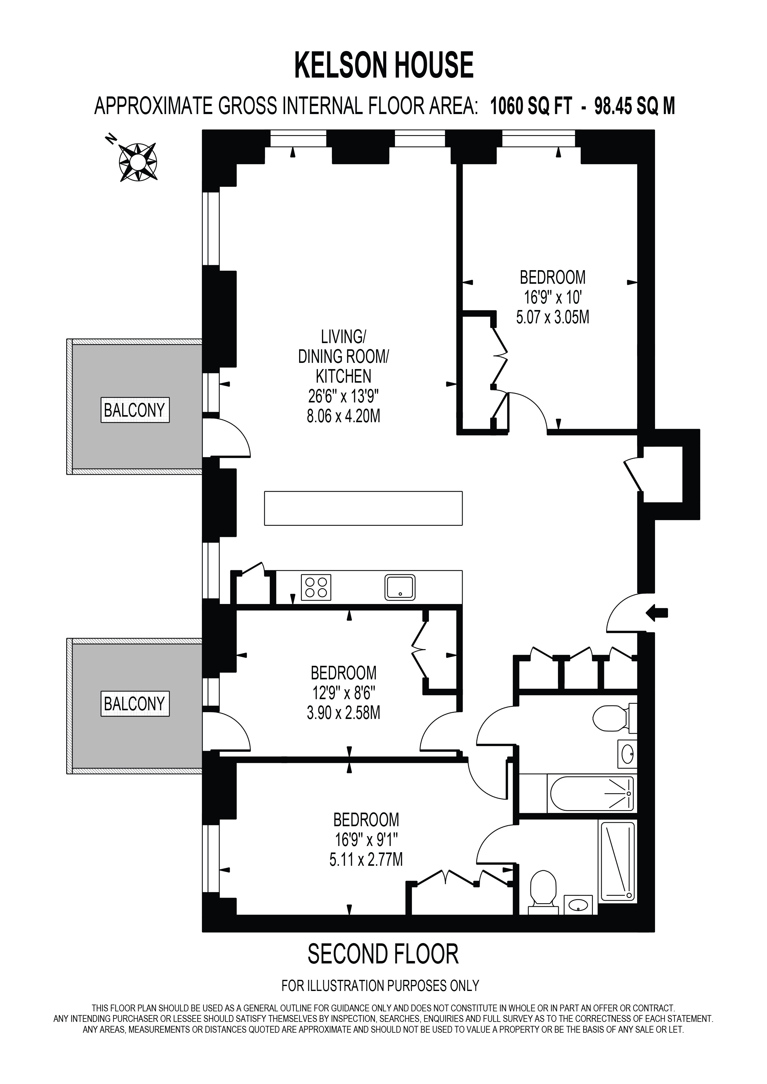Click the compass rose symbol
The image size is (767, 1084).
click(137, 162)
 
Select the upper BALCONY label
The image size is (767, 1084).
click(135, 410)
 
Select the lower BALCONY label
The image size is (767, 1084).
click(135, 704)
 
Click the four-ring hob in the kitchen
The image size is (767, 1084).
click(316, 587)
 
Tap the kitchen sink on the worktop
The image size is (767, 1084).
click(400, 587)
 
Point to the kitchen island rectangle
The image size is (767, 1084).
click(363, 508)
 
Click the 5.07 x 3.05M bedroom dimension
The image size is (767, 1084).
click(553, 317)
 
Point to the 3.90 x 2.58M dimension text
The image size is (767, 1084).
click(343, 712)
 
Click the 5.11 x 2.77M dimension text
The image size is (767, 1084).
click(366, 859)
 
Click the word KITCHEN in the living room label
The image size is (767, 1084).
click(343, 376)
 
